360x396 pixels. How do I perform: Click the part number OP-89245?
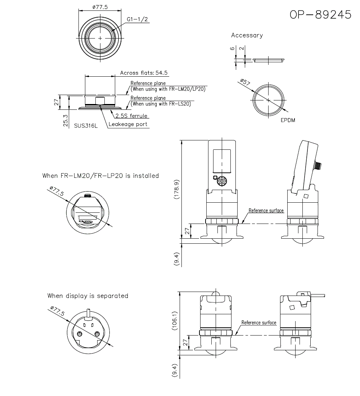[320, 14]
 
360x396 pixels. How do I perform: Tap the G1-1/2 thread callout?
[137, 19]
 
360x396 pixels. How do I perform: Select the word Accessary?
[247, 35]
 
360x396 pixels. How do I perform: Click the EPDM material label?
[288, 120]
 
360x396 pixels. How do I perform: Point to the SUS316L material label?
[86, 126]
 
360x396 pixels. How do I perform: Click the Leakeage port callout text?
[128, 124]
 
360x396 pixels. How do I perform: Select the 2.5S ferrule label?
[131, 116]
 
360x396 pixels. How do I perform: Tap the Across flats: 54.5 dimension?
[144, 73]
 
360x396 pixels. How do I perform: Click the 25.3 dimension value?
[65, 121]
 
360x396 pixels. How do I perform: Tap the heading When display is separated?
[88, 296]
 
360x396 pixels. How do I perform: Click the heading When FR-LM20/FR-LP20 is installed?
[100, 176]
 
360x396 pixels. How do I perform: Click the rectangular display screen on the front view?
[222, 160]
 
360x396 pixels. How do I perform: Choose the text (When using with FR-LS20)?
[161, 104]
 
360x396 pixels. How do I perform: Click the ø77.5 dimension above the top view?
[100, 7]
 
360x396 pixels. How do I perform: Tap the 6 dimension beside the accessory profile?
[233, 48]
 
